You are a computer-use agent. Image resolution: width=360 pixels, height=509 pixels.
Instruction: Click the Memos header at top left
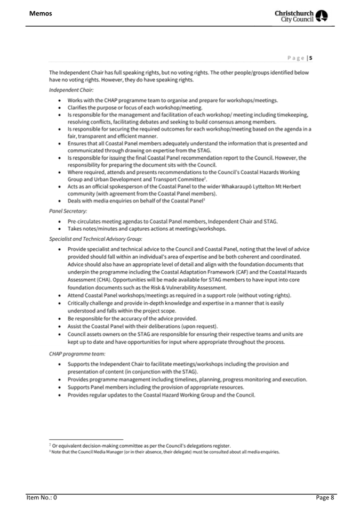click(41, 13)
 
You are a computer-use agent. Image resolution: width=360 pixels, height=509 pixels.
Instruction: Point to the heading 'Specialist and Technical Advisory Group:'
click(95, 238)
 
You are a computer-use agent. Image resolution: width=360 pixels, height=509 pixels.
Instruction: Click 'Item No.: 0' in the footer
click(42, 497)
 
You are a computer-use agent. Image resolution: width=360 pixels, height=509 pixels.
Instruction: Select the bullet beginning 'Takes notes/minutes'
click(147, 229)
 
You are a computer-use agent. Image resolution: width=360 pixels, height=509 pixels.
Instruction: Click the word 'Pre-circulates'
click(84, 221)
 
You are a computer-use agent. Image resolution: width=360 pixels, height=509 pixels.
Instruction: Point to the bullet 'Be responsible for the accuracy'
click(132, 318)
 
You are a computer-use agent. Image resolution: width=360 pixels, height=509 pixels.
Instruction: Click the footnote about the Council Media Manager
click(164, 452)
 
